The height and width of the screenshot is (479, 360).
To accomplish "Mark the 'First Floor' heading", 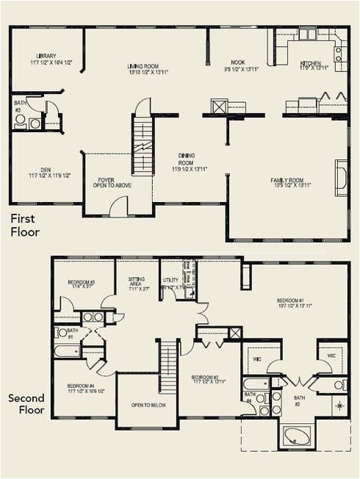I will coord(25,226).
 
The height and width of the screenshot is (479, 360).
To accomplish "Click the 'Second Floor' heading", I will coord(26,404).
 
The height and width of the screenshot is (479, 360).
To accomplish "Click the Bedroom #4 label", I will coord(82,388).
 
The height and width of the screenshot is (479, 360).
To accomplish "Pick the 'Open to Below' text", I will coord(147,405).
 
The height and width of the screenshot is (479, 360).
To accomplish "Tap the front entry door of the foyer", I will coord(118,209).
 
